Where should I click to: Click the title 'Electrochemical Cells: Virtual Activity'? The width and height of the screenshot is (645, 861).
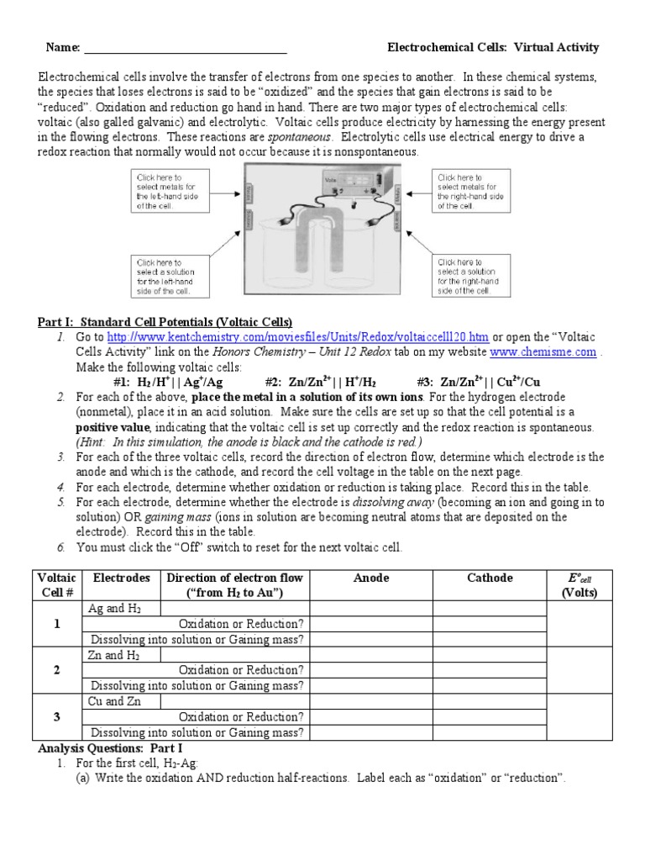coord(492,47)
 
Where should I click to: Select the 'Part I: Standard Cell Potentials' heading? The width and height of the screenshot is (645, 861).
coord(165,322)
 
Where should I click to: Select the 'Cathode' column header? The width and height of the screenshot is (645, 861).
coord(490,578)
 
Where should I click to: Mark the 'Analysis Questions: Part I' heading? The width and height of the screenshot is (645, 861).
coord(109,747)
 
